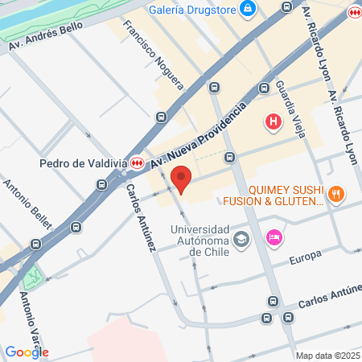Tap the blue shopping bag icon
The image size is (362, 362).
(x=249, y=9)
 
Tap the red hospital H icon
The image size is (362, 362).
(x=274, y=122)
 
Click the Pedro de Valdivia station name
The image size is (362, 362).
(x=83, y=162)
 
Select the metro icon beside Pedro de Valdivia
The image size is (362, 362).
(x=138, y=162)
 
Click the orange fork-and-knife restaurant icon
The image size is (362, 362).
(x=337, y=194)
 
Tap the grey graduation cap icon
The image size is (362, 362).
(x=241, y=240)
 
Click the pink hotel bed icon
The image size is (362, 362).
(x=274, y=237)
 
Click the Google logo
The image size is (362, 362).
(x=27, y=352)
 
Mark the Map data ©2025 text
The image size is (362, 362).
(x=327, y=356)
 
